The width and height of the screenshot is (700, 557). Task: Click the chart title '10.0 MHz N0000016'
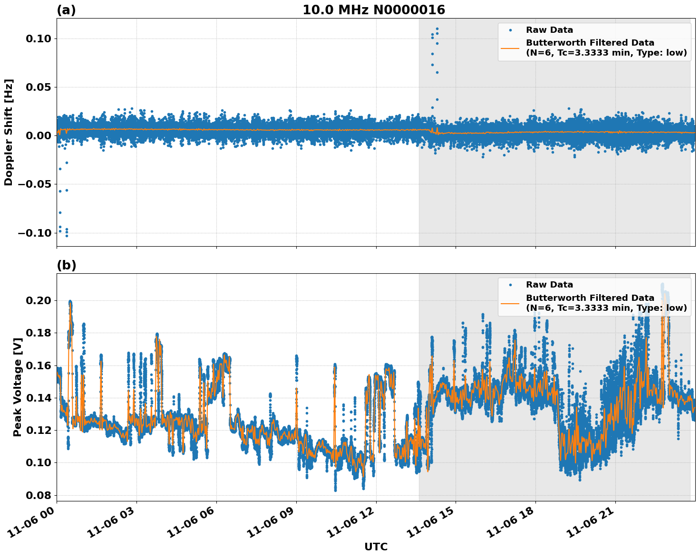pyautogui.click(x=374, y=10)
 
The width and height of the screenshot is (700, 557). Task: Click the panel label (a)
pyautogui.click(x=66, y=10)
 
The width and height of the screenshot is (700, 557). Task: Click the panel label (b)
pyautogui.click(x=66, y=265)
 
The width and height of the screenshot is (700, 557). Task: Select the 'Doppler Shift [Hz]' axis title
pyautogui.click(x=9, y=132)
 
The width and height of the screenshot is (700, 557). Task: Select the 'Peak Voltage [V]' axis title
pyautogui.click(x=18, y=397)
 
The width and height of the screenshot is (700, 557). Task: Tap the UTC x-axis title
pyautogui.click(x=376, y=547)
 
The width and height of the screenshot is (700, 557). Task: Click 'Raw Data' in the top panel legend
pyautogui.click(x=549, y=30)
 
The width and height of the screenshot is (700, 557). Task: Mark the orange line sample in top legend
pyautogui.click(x=510, y=48)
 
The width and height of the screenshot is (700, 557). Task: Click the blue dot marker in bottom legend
pyautogui.click(x=510, y=285)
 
